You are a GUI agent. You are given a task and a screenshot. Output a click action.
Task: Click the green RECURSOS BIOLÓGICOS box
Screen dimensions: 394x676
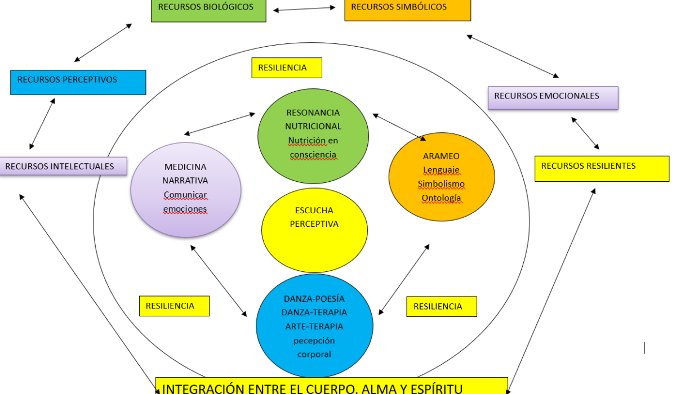click(208, 10)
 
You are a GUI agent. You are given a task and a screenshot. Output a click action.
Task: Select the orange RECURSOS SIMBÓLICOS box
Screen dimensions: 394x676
click(407, 10)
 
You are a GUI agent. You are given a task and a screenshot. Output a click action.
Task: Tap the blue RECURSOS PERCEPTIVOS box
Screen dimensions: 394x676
click(78, 82)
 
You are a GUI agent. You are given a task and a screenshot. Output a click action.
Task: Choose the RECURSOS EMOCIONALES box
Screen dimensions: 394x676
click(553, 97)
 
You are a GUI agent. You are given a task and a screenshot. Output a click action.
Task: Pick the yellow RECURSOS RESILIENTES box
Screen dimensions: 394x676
click(602, 168)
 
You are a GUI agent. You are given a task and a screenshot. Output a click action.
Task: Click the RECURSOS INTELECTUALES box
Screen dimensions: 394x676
click(63, 166)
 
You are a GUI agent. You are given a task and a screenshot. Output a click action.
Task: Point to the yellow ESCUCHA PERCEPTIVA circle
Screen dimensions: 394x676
click(314, 231)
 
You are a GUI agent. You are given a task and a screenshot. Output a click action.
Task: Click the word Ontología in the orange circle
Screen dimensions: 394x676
click(441, 198)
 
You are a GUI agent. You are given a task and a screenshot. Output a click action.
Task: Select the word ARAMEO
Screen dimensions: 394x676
click(441, 156)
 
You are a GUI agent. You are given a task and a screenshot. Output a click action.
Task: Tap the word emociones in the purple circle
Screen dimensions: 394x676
click(185, 209)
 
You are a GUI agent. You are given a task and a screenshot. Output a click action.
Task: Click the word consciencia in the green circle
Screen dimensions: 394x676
click(313, 154)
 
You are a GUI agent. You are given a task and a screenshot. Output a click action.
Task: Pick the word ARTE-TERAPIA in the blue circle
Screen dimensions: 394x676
click(314, 326)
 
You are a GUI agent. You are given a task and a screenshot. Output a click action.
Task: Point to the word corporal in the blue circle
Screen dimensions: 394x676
click(314, 354)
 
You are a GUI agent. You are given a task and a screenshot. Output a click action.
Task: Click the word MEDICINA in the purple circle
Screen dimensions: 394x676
click(185, 167)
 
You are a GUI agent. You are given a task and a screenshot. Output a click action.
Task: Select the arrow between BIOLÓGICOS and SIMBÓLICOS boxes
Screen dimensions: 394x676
click(304, 8)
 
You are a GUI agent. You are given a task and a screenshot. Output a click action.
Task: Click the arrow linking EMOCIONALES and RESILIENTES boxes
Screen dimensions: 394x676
click(585, 133)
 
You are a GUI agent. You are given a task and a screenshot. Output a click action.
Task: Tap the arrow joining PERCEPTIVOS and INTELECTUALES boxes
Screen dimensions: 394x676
click(42, 124)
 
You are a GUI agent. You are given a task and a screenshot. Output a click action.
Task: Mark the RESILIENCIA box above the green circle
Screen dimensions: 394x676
click(286, 68)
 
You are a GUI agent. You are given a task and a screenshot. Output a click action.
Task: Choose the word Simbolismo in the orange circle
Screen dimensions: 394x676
click(441, 184)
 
